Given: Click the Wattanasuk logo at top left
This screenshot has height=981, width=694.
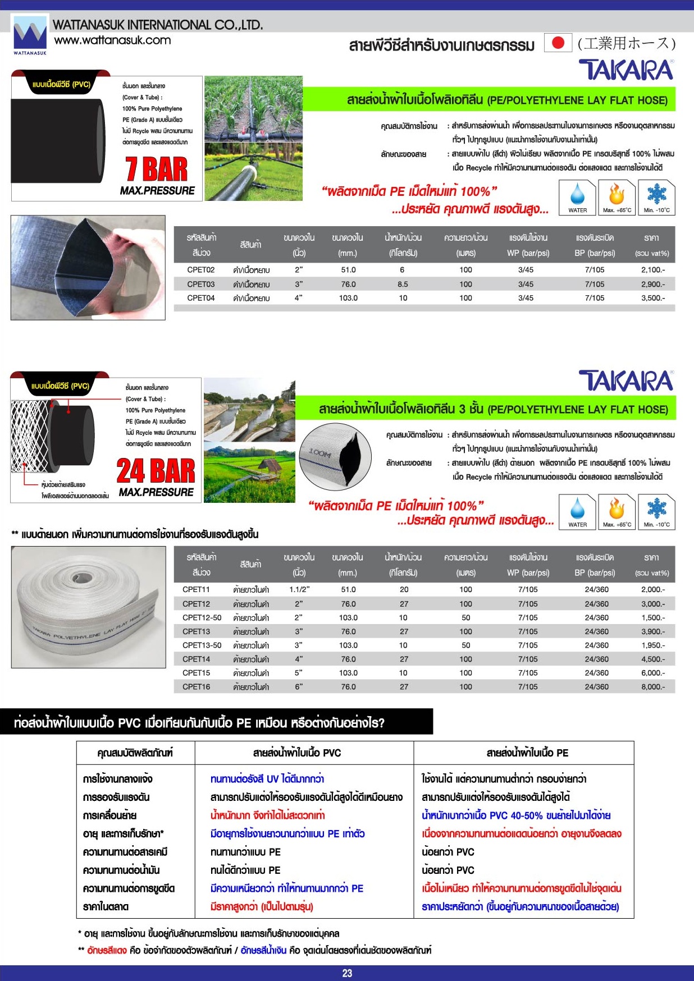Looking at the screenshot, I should (30, 35).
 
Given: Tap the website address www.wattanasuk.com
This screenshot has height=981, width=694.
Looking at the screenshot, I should (112, 40).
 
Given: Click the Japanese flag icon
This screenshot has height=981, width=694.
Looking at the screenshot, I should (558, 43).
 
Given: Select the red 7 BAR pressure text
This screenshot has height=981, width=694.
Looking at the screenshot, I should (157, 169).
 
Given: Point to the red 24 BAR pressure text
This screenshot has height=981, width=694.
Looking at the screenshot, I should (156, 471).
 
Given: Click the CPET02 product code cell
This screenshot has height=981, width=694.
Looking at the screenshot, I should (201, 270).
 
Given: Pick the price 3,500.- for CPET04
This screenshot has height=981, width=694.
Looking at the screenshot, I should (652, 298).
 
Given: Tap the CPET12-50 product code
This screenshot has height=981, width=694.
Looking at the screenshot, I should (202, 617).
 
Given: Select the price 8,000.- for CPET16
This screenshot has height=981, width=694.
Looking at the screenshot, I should (652, 686).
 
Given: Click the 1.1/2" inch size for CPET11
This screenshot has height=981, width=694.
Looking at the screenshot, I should (299, 589).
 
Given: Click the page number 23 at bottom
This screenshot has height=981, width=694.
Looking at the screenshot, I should (347, 973).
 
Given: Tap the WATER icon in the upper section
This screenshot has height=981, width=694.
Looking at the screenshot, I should (577, 197).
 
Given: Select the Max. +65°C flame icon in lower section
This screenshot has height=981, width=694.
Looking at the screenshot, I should (617, 512).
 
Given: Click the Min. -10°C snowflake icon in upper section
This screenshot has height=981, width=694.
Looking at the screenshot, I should (656, 197).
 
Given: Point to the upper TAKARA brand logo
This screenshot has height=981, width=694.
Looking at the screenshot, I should (626, 70).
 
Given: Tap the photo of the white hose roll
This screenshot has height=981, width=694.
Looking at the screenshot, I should (88, 607).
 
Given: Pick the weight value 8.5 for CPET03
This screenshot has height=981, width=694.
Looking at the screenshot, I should (403, 284).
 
